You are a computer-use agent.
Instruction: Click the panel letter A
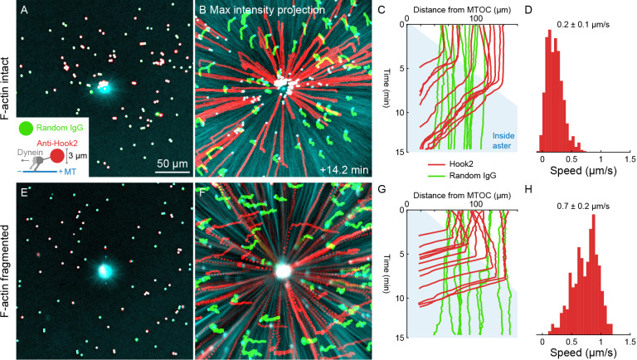(25, 11)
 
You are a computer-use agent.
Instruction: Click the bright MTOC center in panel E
(105, 270)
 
